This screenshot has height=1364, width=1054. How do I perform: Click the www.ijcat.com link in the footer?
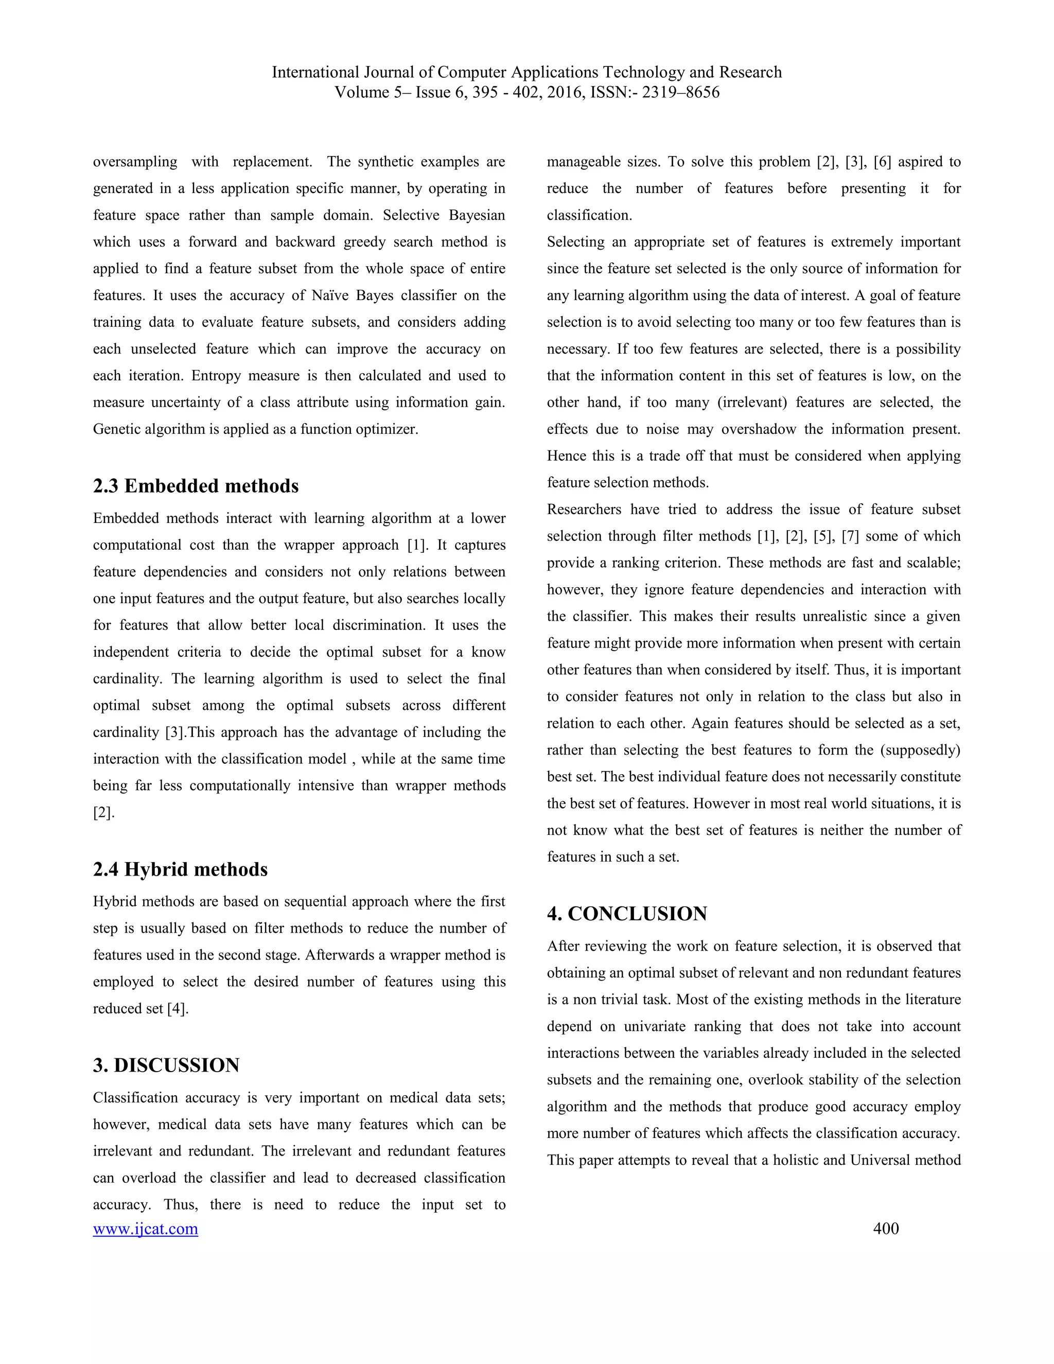pyautogui.click(x=146, y=1229)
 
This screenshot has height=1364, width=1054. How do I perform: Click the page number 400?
pyautogui.click(x=885, y=1229)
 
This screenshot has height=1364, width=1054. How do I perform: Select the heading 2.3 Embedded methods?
pyautogui.click(x=196, y=486)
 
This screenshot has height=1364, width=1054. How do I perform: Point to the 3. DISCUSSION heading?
pyautogui.click(x=166, y=1065)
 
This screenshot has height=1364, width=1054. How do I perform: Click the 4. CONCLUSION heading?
pyautogui.click(x=627, y=914)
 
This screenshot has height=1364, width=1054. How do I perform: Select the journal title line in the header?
pyautogui.click(x=526, y=73)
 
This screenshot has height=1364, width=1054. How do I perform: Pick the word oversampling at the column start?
pyautogui.click(x=135, y=162)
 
